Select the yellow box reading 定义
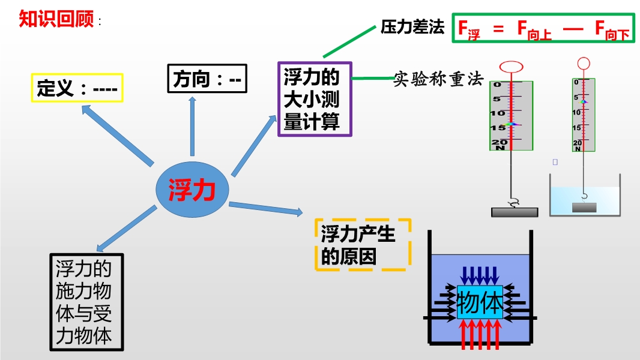tap(77, 88)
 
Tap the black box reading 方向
tap(207, 79)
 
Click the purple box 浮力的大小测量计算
tap(315, 99)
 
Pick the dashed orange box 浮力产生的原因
tap(363, 243)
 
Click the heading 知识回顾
tap(56, 19)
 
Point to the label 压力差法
tap(412, 27)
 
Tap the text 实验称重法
tap(438, 79)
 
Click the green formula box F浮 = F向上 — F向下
tap(543, 28)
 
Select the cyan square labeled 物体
tap(480, 302)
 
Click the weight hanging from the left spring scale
tap(514, 212)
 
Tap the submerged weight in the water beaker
tap(584, 208)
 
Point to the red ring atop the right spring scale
tap(583, 62)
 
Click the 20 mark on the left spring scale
tap(499, 142)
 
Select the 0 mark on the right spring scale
tap(576, 82)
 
